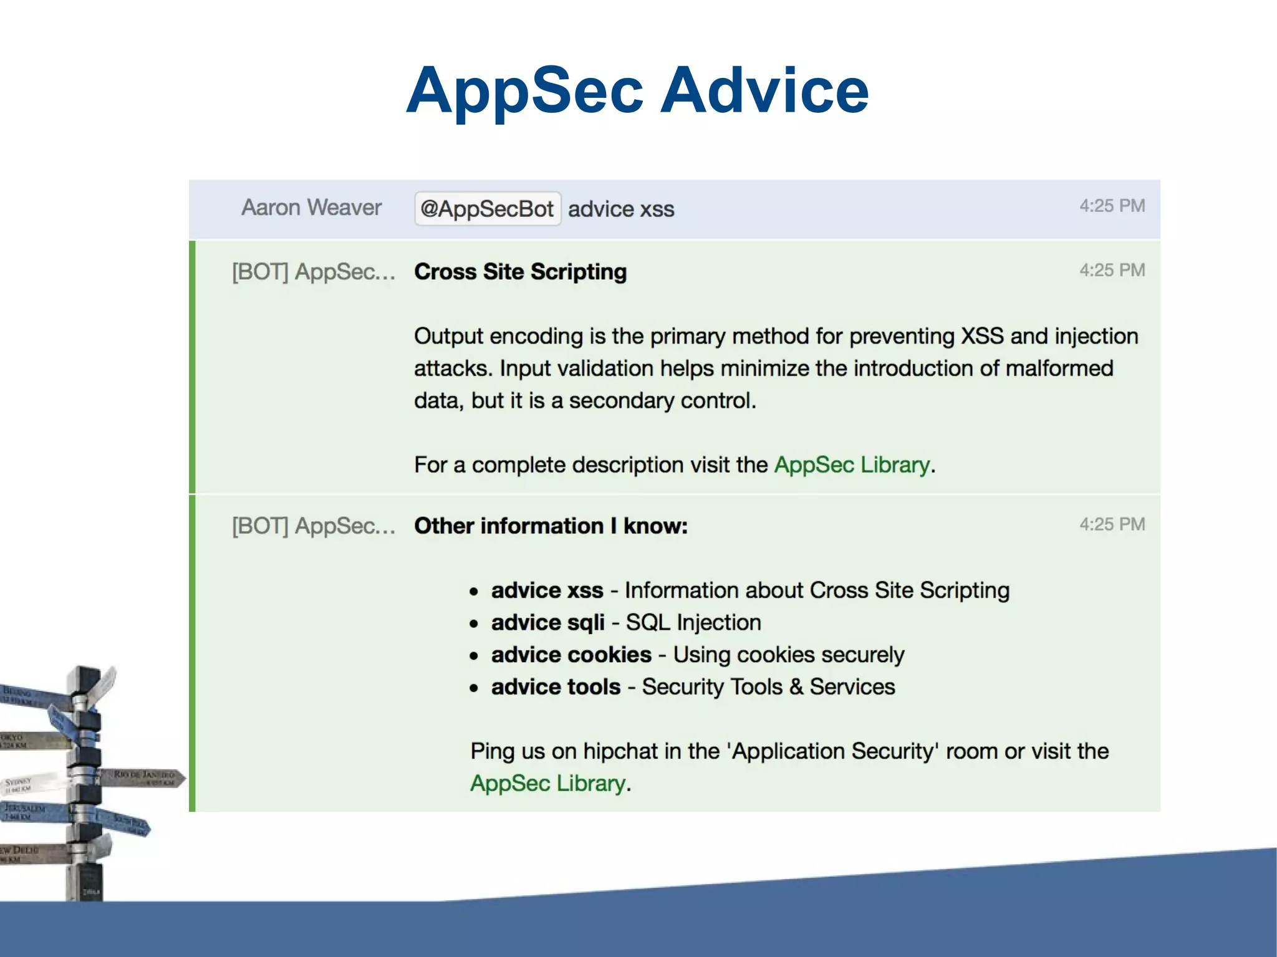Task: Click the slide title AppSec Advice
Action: tap(637, 91)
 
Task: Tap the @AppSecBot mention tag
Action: tap(487, 209)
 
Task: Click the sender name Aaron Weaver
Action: tap(311, 208)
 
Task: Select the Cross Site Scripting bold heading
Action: tap(520, 272)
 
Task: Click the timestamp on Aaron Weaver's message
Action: tap(1112, 206)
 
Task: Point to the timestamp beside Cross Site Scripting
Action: tap(1112, 270)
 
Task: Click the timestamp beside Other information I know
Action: tap(1112, 524)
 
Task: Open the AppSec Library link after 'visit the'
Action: tap(852, 465)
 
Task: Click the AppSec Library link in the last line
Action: tap(547, 783)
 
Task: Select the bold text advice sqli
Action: tap(547, 623)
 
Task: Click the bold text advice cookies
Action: tap(571, 655)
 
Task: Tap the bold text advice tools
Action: tap(556, 687)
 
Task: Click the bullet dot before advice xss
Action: tap(475, 591)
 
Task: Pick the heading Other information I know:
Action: tap(551, 526)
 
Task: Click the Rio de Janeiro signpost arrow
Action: tap(147, 777)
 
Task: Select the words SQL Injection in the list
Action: tap(693, 623)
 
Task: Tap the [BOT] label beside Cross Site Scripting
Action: tap(259, 272)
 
